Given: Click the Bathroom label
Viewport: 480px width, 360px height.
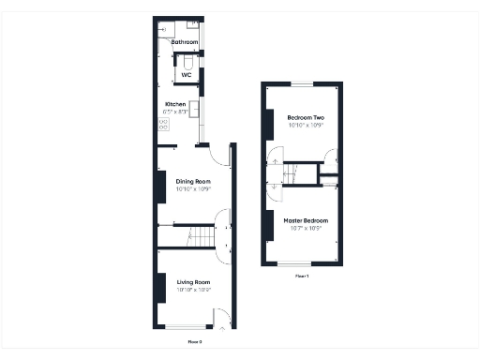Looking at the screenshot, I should point(184,42).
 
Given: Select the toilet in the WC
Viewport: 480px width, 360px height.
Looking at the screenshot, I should point(187,64).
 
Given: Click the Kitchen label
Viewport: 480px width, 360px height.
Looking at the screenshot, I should point(175,104).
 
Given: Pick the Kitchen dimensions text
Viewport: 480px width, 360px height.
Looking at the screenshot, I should point(176,112).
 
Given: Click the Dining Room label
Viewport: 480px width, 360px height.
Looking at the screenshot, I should point(193,181).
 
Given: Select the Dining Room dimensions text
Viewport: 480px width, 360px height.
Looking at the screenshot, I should point(193,189).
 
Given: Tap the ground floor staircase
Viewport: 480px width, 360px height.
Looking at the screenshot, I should point(196,236).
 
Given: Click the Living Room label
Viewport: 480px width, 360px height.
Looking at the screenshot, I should point(193,282).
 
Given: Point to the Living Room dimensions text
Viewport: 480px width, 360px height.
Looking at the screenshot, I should point(193,290).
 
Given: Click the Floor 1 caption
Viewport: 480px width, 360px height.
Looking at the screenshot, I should point(302,277).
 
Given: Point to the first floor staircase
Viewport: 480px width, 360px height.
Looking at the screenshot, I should point(298,173).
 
